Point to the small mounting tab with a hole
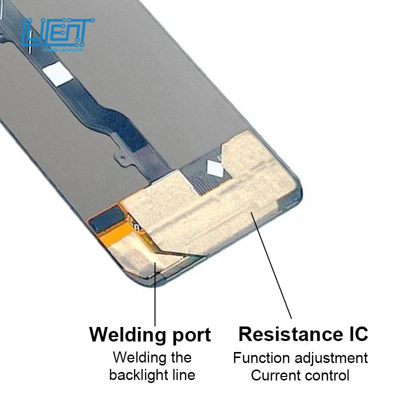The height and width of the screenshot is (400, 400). click(x=121, y=157)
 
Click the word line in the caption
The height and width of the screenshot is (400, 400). click(x=184, y=375)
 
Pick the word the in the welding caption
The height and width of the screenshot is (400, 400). click(x=179, y=357)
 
